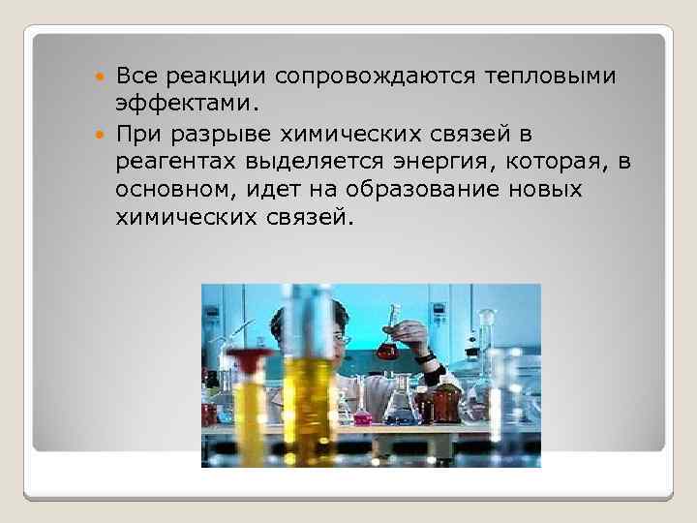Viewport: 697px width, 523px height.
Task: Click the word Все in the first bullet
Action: (x=138, y=77)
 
